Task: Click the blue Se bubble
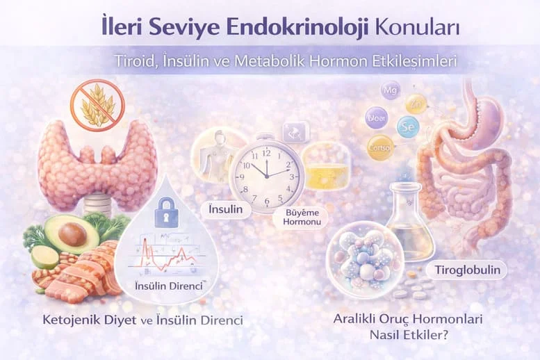click(408, 126)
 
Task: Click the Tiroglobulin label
click(471, 268)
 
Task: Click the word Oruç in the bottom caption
click(393, 321)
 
